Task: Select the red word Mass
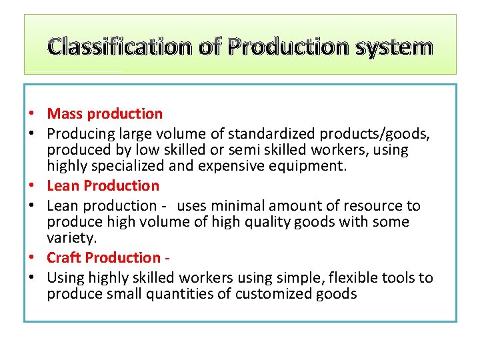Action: click(64, 114)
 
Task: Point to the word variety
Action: click(71, 238)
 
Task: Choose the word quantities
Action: click(177, 294)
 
